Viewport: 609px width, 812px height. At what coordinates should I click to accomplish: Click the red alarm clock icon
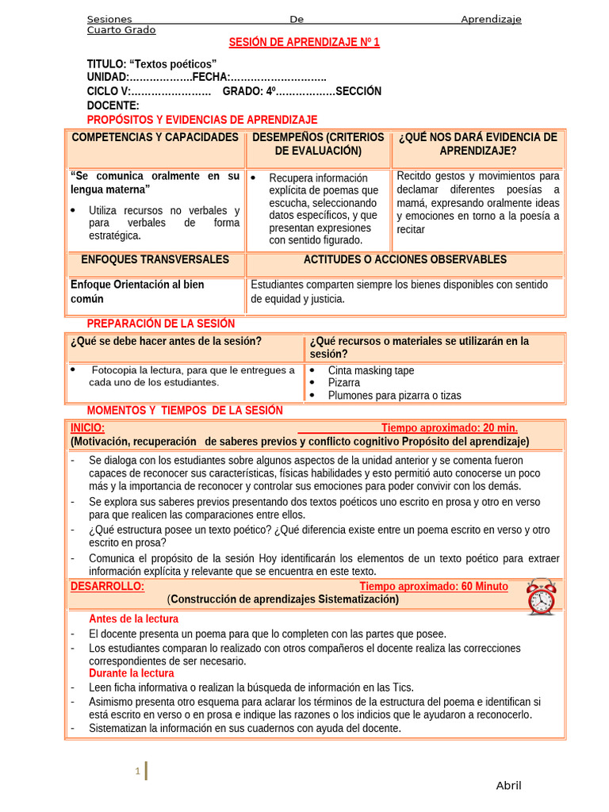(x=541, y=597)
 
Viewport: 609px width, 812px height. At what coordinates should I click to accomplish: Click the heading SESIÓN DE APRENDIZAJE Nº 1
(x=304, y=43)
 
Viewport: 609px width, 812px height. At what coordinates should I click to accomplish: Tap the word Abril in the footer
(x=508, y=785)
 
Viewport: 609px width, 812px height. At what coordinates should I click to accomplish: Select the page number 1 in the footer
(x=137, y=771)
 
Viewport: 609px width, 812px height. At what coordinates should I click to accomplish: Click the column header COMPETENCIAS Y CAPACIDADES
(x=155, y=137)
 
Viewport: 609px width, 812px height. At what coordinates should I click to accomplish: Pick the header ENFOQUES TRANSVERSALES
(x=155, y=259)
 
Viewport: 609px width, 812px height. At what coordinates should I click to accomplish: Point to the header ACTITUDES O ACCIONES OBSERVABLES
(x=404, y=259)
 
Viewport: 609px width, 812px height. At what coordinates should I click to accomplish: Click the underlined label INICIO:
(x=87, y=428)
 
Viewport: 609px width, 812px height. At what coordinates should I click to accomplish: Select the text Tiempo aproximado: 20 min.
(x=449, y=428)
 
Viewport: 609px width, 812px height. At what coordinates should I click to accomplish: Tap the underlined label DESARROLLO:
(x=107, y=587)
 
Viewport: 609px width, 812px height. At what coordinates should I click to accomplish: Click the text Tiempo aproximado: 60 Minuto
(x=433, y=587)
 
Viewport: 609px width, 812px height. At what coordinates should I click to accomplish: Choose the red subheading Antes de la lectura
(x=133, y=619)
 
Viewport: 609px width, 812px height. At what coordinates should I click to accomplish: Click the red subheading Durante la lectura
(x=131, y=673)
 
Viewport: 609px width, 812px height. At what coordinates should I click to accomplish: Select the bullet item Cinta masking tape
(x=370, y=370)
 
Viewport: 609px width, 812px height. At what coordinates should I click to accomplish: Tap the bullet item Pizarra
(x=343, y=382)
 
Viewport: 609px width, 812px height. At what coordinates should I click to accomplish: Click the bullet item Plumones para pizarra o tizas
(x=394, y=395)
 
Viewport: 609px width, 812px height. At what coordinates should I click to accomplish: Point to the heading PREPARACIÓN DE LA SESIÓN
(x=160, y=324)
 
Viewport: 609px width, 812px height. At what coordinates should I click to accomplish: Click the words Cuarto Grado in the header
(x=121, y=30)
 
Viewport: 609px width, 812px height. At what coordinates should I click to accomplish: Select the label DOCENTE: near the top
(x=113, y=105)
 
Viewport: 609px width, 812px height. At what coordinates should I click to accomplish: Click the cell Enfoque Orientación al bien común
(x=136, y=291)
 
